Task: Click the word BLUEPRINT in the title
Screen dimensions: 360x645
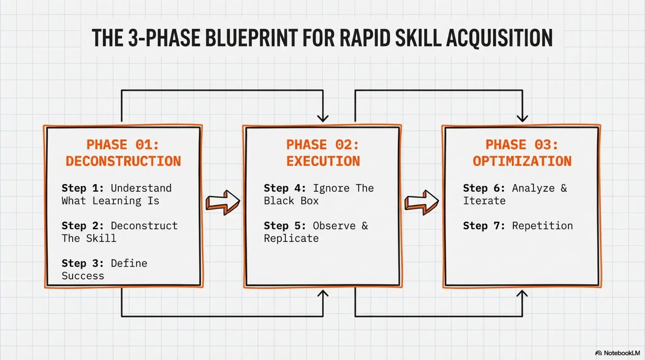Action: [x=251, y=38]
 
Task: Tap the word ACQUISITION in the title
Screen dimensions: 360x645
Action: [x=499, y=38]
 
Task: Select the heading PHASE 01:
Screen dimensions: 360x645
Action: [x=123, y=145]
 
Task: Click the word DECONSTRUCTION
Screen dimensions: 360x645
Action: [x=123, y=161]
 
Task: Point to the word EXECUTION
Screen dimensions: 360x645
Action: [x=323, y=161]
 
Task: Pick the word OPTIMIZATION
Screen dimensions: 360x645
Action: [x=522, y=161]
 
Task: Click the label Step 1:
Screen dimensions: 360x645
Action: [x=83, y=188]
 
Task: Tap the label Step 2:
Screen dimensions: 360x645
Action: [x=83, y=226]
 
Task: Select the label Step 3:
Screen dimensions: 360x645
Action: [x=83, y=263]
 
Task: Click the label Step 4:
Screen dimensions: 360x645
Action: [x=285, y=188]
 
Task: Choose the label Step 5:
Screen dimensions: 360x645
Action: [x=285, y=226]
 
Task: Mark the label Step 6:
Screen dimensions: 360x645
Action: [x=484, y=188]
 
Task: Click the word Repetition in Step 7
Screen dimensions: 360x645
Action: [x=542, y=226]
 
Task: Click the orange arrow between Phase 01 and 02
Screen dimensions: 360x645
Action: [x=223, y=202]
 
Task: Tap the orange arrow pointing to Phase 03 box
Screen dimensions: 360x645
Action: [x=422, y=202]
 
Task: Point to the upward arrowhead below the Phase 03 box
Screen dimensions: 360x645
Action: [x=522, y=294]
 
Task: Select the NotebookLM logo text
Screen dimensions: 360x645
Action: [x=621, y=353]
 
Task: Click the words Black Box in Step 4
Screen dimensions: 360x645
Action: [x=291, y=201]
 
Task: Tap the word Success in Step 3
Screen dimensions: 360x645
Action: [x=83, y=276]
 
